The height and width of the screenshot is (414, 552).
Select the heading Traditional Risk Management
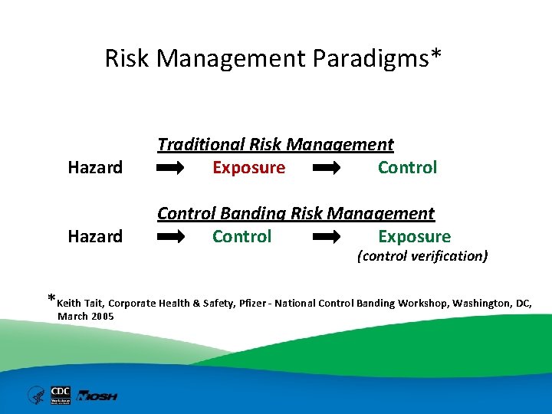click(x=275, y=144)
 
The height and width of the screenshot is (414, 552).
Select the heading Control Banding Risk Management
click(x=296, y=213)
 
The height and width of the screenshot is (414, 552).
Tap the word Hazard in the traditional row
click(x=95, y=167)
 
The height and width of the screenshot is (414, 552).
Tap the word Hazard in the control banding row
click(x=95, y=236)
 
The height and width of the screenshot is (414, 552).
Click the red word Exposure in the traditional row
click(x=248, y=167)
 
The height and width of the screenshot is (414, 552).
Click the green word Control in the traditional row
click(x=407, y=167)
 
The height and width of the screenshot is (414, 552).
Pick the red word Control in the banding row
click(x=242, y=236)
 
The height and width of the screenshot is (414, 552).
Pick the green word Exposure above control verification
click(x=414, y=236)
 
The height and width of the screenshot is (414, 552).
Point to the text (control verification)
click(x=422, y=256)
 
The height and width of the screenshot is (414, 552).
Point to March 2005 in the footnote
click(x=85, y=316)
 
